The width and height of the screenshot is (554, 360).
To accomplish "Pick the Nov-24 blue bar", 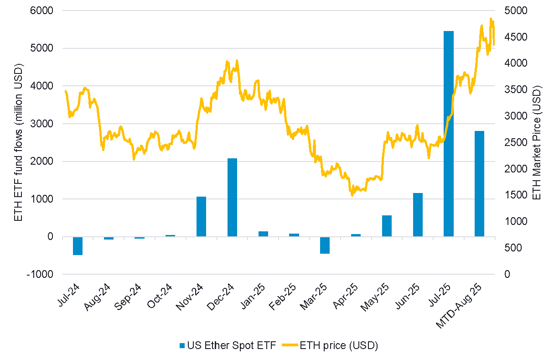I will [x=201, y=216].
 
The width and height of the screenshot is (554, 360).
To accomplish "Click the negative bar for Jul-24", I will [x=78, y=246].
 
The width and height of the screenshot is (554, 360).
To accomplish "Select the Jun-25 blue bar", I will [x=418, y=214].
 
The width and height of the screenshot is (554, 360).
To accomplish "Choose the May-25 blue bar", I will [x=387, y=226].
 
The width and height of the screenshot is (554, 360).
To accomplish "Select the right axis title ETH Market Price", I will [x=537, y=142].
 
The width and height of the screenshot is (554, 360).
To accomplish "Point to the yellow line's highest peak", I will [x=491, y=19].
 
